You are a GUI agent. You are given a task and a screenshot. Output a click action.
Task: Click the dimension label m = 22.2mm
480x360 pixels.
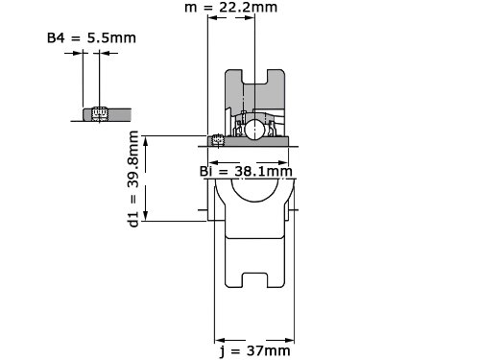(x=230, y=7)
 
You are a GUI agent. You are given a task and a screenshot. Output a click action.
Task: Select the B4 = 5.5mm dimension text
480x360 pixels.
(x=91, y=37)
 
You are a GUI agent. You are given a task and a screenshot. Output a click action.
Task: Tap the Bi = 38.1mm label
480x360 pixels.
(x=246, y=172)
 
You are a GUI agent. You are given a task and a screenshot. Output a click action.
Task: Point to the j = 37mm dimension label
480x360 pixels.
(x=255, y=351)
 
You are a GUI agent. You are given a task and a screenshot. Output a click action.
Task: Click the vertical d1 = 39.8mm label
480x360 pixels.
(x=133, y=179)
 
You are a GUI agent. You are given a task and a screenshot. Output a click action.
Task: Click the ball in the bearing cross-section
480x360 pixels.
(x=254, y=129)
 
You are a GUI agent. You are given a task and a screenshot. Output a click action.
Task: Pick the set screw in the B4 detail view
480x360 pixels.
(x=99, y=114)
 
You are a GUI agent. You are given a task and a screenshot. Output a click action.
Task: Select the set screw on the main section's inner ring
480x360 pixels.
(x=218, y=141)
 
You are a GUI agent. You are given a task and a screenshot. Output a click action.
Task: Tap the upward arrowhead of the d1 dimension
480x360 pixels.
(x=146, y=141)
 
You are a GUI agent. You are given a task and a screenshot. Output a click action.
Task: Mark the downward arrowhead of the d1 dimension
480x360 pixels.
(x=146, y=216)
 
